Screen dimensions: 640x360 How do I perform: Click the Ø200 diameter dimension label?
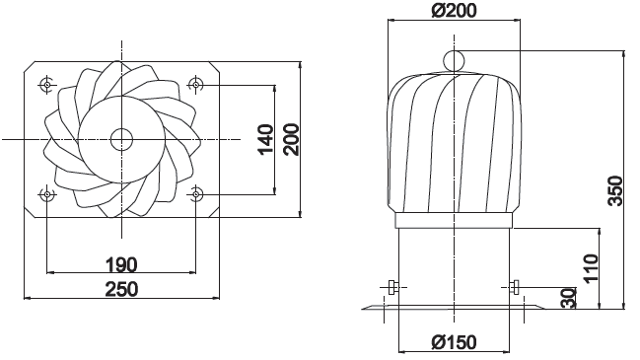click(454, 10)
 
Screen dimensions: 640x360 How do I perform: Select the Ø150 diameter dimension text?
click(454, 342)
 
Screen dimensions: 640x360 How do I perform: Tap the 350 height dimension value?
click(615, 190)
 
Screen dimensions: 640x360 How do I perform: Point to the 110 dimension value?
click(591, 267)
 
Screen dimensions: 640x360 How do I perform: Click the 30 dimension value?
click(568, 298)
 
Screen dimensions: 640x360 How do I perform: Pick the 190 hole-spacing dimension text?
click(121, 264)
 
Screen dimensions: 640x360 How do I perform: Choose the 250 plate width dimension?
click(121, 289)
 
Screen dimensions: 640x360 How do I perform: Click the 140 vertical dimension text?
click(265, 139)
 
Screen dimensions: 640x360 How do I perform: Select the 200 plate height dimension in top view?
click(292, 139)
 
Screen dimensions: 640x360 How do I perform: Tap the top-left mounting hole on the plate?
click(47, 85)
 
